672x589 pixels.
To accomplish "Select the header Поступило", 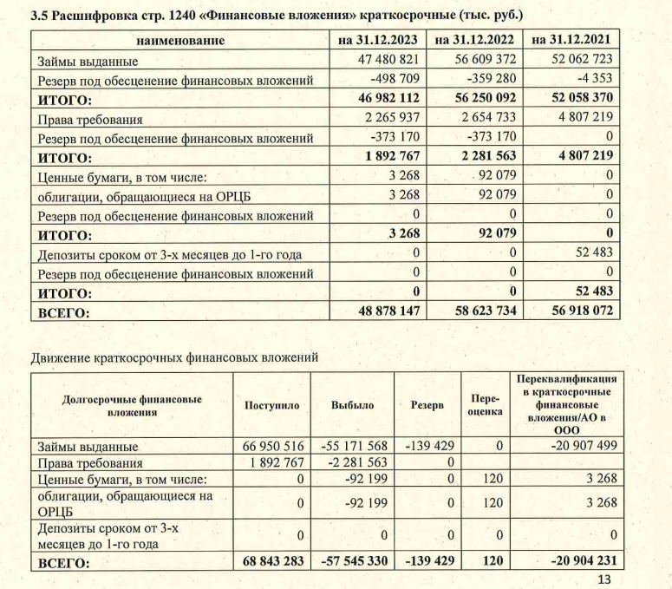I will (271, 405).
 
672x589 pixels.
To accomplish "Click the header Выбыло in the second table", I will (351, 405).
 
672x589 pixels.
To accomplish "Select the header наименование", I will (180, 40).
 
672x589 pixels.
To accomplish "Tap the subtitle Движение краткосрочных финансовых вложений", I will (173, 357).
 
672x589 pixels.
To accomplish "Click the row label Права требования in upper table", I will (89, 119).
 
